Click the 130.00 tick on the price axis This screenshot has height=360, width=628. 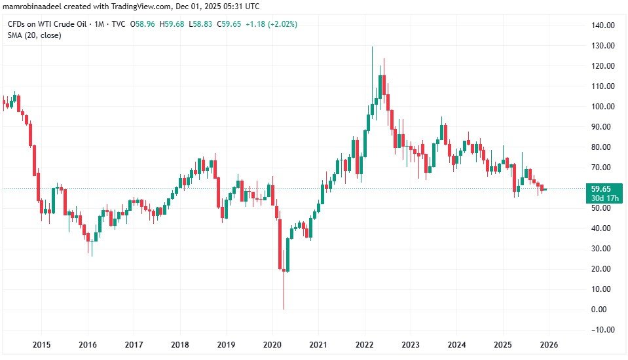601,46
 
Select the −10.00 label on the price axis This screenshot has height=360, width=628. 601,330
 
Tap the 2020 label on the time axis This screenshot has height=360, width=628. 272,344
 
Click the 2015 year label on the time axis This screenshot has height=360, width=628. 41,344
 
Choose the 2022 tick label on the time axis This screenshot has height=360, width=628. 364,344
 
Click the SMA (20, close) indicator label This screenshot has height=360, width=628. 35,35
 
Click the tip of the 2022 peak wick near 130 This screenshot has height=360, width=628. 372,47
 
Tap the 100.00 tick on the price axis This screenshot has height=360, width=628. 601,107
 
